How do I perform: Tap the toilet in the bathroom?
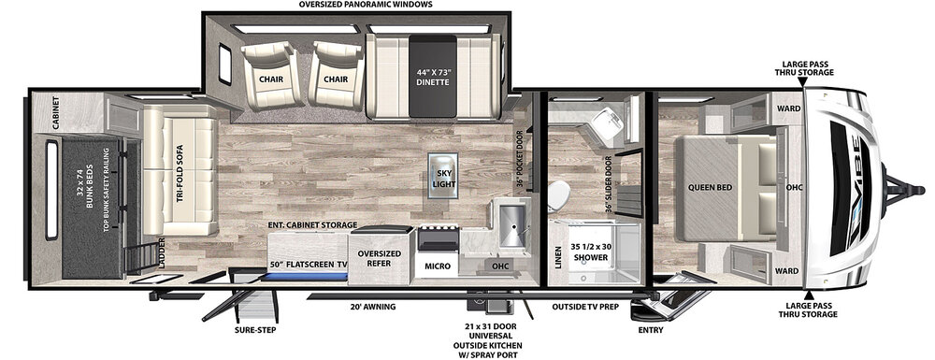click(558, 195)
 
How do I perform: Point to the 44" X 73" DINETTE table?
click(432, 77)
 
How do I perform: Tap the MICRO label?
click(439, 266)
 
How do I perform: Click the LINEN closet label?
click(558, 257)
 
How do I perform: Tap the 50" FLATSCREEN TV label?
click(308, 264)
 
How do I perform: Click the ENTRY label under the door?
click(650, 329)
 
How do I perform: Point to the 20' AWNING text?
click(373, 307)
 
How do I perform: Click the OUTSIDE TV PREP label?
click(584, 307)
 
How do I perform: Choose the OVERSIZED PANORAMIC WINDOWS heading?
click(366, 4)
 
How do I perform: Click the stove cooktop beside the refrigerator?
click(439, 238)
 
